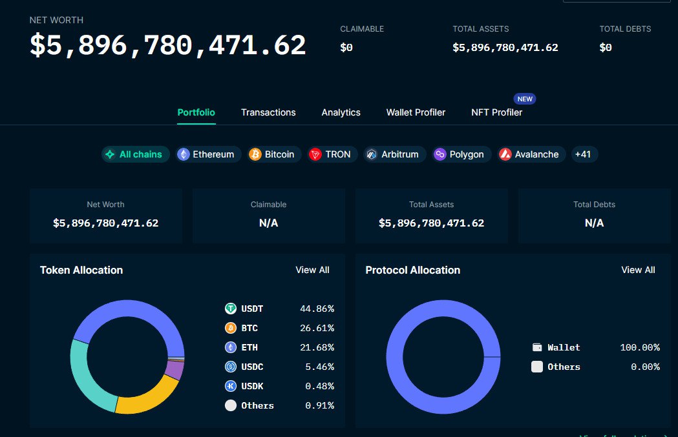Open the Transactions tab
tap(268, 112)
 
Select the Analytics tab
tap(341, 113)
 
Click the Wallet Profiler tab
tap(416, 112)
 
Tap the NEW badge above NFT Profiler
tap(525, 99)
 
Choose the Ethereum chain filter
tap(209, 154)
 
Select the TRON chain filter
tap(332, 154)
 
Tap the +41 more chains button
tap(583, 154)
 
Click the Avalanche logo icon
tap(505, 154)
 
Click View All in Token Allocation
tap(312, 270)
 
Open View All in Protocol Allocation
tap(638, 270)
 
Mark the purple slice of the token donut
tap(175, 370)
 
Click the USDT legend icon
tap(231, 309)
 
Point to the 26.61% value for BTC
tap(317, 328)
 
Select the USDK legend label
tap(252, 386)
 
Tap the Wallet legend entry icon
tap(537, 347)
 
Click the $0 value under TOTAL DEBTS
tap(606, 48)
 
